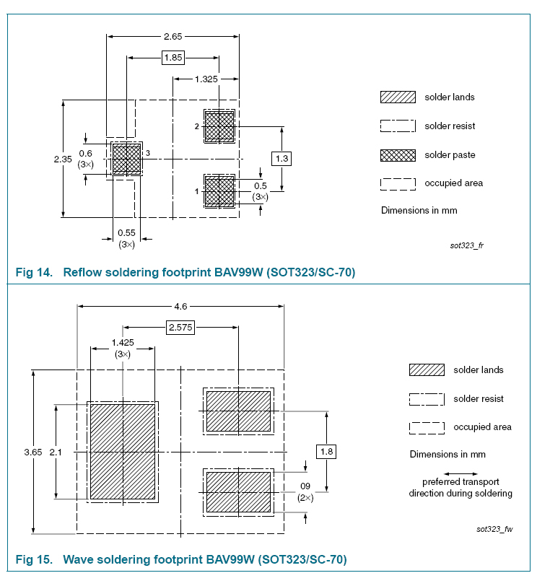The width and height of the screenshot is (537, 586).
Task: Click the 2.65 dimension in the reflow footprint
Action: (173, 36)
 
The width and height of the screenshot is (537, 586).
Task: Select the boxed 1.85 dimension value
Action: (173, 58)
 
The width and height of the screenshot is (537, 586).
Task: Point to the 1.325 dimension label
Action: (206, 79)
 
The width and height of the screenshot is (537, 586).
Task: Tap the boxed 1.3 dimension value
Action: (282, 158)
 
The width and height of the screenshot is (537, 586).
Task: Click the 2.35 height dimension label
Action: (63, 159)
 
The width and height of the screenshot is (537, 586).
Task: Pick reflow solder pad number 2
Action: (219, 126)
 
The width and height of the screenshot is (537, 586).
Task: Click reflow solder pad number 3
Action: (126, 159)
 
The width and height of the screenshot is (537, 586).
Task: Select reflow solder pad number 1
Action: (219, 191)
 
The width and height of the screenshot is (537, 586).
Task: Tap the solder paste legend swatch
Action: (398, 155)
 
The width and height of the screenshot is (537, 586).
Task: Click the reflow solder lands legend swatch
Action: (398, 97)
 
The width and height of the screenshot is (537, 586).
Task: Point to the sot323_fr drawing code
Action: (466, 246)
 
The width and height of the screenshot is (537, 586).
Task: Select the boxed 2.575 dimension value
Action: (180, 328)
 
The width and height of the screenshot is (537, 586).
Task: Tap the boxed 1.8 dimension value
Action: (326, 452)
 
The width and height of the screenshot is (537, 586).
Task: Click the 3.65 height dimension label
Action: (33, 452)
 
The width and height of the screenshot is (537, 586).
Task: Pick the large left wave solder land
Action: (122, 451)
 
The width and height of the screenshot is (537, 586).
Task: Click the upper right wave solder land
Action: (238, 411)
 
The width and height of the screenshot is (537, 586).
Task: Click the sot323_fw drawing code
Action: (494, 529)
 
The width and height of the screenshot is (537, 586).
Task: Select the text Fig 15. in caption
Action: (33, 559)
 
